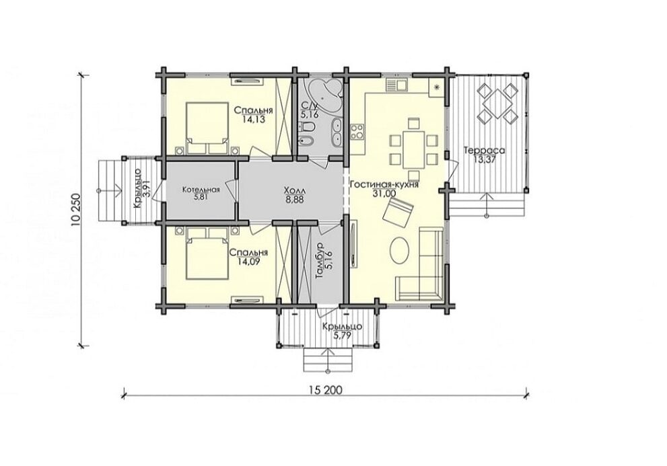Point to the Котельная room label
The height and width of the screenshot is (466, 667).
(201, 190)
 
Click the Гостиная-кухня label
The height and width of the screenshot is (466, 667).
(384, 185)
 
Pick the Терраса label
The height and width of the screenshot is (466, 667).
(484, 151)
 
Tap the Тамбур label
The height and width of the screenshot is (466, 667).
(320, 261)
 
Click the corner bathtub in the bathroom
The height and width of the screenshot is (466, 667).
(324, 95)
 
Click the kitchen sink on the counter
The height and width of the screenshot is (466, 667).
(397, 85)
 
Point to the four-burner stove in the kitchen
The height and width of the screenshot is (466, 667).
(357, 131)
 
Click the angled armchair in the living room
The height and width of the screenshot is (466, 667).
(398, 211)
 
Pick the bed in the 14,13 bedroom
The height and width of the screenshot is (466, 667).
(207, 128)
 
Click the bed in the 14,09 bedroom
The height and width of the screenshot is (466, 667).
(207, 254)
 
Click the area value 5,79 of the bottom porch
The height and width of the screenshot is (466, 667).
(342, 336)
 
